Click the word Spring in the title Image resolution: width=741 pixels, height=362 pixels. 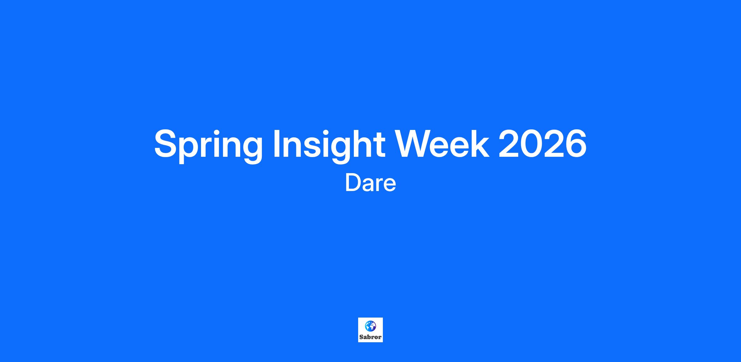pyautogui.click(x=208, y=145)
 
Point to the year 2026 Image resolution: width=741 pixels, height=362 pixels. pyautogui.click(x=542, y=143)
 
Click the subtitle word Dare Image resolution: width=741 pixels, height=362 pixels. pyautogui.click(x=371, y=183)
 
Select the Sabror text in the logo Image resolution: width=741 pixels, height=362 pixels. pyautogui.click(x=371, y=337)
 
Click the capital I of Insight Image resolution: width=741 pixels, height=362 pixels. pyautogui.click(x=277, y=143)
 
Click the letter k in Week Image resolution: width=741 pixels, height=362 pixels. pyautogui.click(x=480, y=143)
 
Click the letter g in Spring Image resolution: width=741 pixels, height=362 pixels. pyautogui.click(x=251, y=150)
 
